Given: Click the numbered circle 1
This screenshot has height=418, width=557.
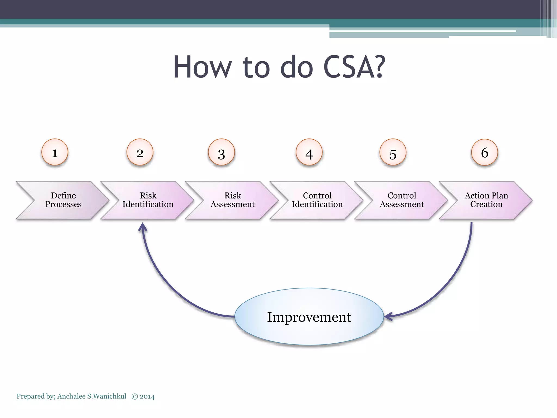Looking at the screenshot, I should click(55, 152).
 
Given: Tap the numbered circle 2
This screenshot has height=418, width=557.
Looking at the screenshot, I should click(140, 152).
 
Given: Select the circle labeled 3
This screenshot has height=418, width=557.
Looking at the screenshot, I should click(221, 152).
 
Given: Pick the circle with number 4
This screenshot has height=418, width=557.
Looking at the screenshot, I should click(309, 152).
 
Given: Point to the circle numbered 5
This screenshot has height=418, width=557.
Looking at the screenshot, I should click(393, 152).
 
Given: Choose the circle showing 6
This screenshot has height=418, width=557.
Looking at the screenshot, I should click(484, 152).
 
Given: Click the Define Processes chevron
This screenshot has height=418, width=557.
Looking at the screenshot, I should click(63, 200).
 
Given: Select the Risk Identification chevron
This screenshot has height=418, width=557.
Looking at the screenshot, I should click(148, 200).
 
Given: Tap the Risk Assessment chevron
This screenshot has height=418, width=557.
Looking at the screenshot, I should click(233, 200).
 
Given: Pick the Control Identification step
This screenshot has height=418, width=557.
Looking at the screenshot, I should click(317, 200).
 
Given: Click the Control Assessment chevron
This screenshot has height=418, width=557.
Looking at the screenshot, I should click(402, 200).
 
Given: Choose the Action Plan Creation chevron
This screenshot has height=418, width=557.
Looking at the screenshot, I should click(486, 200).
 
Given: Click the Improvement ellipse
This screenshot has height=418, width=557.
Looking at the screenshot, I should click(309, 317).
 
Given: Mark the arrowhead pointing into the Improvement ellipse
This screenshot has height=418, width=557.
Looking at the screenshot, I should click(388, 316).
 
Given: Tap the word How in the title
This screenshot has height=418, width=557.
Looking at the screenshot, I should click(202, 67).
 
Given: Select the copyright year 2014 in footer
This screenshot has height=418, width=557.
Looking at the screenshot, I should click(147, 397).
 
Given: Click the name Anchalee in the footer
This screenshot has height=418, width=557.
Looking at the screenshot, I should click(72, 397).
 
